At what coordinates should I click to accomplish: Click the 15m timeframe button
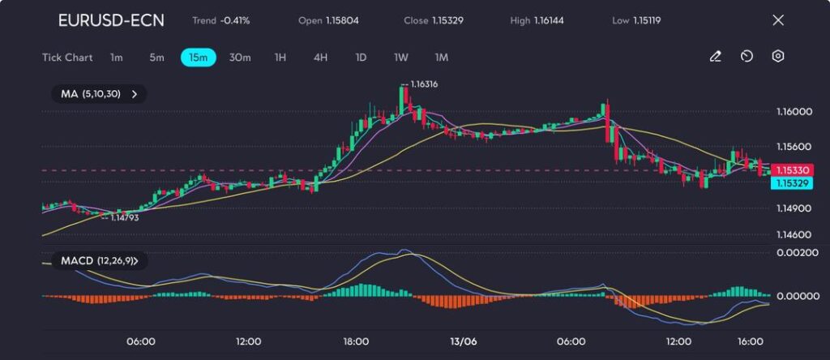point(198,58)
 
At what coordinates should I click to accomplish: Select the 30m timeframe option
point(240,58)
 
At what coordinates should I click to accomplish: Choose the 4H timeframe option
point(320,58)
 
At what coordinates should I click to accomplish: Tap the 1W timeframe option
point(401,58)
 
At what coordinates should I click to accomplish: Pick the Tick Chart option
point(67,58)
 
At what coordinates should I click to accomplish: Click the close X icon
point(778,20)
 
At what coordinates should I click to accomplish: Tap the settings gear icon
point(778,57)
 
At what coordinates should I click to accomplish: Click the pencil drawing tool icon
point(716,57)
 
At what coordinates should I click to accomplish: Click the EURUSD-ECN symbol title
point(111,20)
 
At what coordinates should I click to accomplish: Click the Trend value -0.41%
point(234,20)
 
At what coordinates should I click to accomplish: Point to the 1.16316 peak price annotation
point(424,84)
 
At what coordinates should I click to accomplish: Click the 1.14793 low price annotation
point(124,217)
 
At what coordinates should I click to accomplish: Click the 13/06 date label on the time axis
point(464,341)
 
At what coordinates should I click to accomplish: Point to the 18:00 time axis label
point(356,341)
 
